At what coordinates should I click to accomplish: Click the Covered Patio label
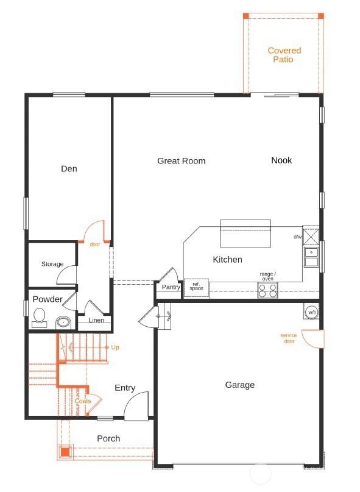point(284,55)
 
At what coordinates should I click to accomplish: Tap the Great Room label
point(182,161)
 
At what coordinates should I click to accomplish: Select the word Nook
point(281,160)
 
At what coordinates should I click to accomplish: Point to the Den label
point(69,169)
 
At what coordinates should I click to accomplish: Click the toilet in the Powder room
point(39,318)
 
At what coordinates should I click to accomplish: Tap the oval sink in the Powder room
point(64,323)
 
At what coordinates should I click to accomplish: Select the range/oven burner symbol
point(268,290)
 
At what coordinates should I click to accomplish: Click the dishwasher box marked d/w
point(311,237)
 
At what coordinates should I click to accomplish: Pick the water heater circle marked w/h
point(311,312)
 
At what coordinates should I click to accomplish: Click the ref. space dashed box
point(196,287)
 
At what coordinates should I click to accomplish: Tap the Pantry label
point(171,287)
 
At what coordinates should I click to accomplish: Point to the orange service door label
point(289,338)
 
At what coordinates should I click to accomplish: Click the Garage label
point(240,385)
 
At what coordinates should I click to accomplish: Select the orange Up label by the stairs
point(115,348)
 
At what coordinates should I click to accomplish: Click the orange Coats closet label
point(83,401)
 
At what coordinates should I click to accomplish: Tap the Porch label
point(108,438)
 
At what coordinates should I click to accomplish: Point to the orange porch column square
point(65,452)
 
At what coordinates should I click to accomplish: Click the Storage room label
point(52,264)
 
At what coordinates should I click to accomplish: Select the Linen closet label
point(96,320)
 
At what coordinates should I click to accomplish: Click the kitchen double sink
point(311,257)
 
